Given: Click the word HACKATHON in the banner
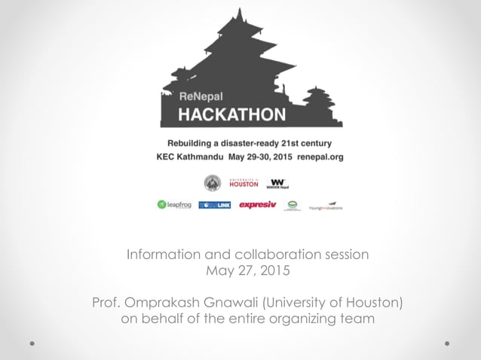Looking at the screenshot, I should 231,114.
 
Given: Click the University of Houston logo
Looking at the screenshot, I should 244,183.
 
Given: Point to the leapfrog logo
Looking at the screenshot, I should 173,205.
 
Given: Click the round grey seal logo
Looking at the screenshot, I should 213,183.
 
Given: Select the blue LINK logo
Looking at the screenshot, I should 215,205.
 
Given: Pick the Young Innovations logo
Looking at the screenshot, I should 325,206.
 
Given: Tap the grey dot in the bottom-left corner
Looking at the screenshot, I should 32,343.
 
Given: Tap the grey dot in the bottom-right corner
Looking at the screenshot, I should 447,343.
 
